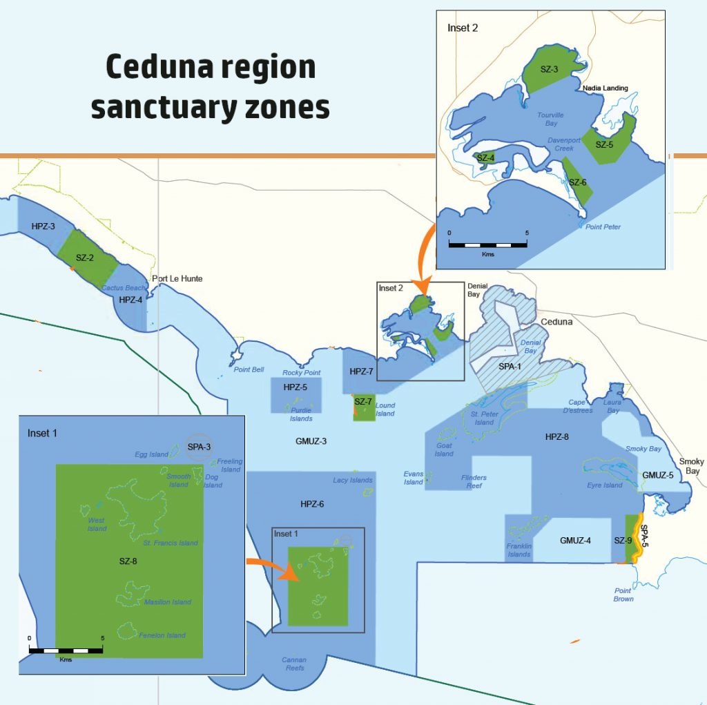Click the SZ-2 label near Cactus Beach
(x=85, y=258)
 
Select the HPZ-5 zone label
(x=295, y=387)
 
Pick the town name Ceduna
(x=557, y=322)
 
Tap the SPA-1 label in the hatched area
(x=510, y=366)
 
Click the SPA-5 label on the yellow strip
(x=644, y=537)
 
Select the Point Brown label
(x=623, y=595)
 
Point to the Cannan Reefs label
(x=294, y=664)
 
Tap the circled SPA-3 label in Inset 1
(x=199, y=447)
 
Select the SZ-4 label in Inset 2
(x=485, y=157)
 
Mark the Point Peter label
(x=603, y=227)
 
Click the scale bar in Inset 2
(x=487, y=244)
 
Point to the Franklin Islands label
(x=519, y=550)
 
